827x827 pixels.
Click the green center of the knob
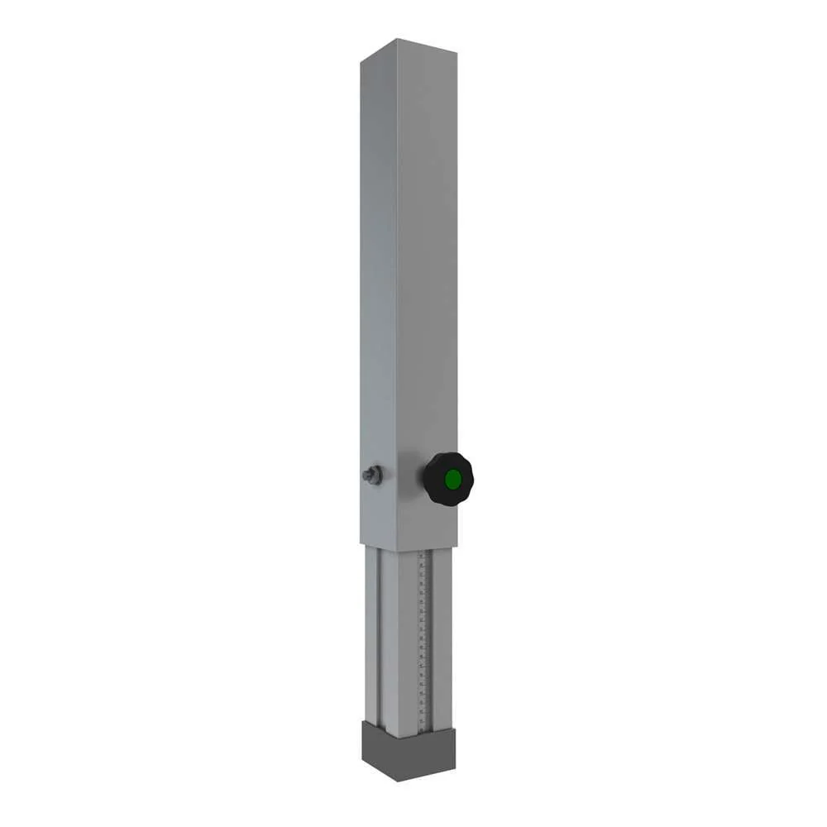coord(452,479)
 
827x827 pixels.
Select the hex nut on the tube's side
coord(373,476)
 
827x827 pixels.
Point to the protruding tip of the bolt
coord(365,475)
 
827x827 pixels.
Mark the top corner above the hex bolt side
coord(361,60)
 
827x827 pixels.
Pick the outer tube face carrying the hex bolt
coord(378,289)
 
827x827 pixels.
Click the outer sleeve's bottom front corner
coord(398,551)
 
